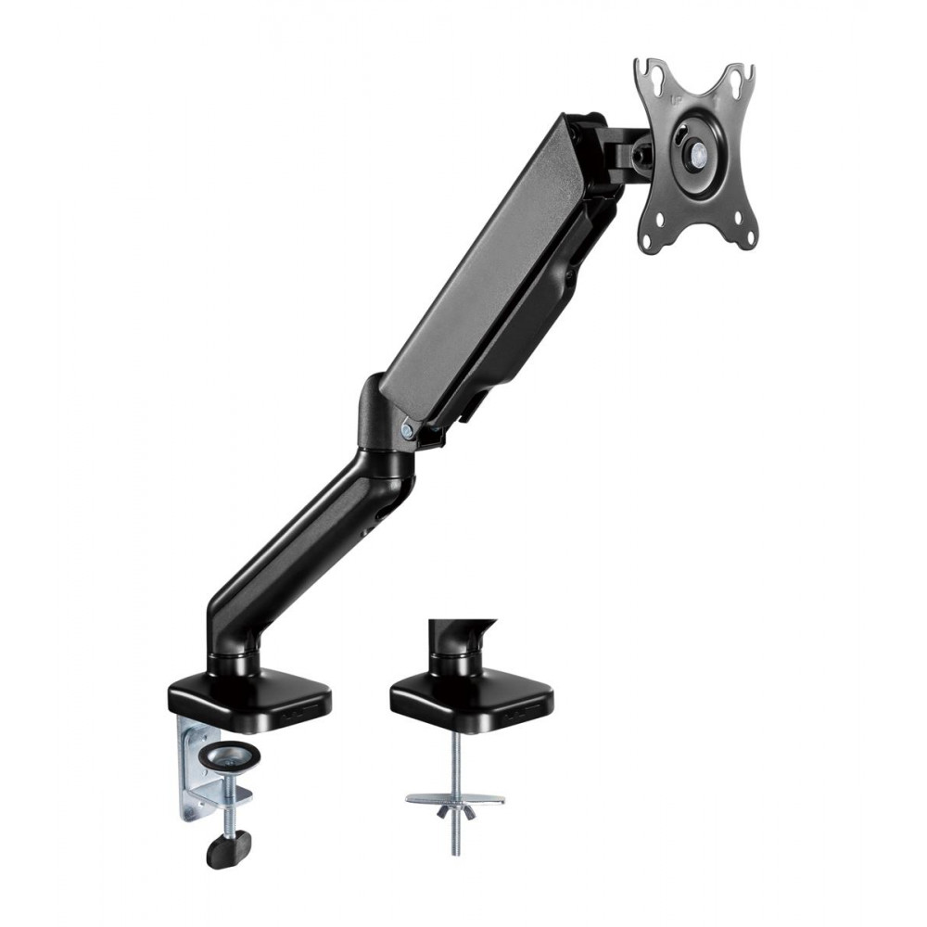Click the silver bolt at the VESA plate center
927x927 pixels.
pos(693,157)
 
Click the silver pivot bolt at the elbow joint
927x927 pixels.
pos(409,429)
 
